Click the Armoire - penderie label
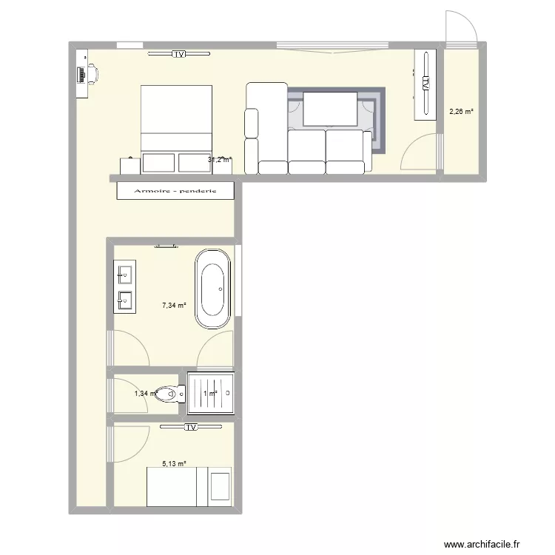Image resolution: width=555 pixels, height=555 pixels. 175,192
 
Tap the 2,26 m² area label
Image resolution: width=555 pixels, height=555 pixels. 461,112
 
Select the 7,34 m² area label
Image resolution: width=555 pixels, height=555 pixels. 174,304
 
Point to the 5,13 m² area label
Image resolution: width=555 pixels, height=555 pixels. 174,464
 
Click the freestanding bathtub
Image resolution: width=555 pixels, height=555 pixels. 212,289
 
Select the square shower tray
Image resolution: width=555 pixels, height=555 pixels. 212,393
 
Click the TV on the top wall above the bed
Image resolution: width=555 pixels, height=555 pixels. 178,54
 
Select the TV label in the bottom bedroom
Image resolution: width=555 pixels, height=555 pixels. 191,427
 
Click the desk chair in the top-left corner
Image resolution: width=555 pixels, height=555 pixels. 92,73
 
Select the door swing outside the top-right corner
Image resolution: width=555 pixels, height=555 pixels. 462,28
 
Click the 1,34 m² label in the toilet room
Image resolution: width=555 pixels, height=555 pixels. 145,394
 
